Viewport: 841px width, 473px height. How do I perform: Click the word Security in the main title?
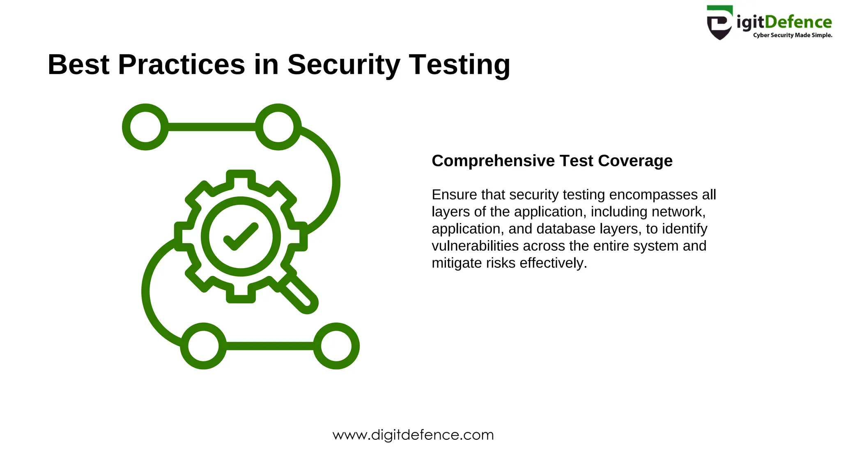tap(343, 65)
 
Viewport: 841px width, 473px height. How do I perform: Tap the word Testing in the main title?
tap(460, 65)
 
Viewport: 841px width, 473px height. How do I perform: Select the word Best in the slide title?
tap(78, 64)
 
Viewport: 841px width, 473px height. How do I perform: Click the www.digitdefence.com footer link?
tap(413, 435)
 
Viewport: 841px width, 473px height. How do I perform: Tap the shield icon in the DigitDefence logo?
tap(719, 23)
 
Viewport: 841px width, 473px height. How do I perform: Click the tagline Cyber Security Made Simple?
tap(793, 35)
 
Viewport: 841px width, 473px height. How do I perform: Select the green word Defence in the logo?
tap(799, 22)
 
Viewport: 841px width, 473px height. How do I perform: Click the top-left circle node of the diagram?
tap(145, 127)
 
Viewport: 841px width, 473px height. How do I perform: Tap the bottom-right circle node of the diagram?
tap(336, 346)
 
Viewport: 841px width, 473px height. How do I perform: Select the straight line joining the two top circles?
tap(212, 127)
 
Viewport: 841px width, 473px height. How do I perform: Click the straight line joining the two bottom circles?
tap(270, 346)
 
